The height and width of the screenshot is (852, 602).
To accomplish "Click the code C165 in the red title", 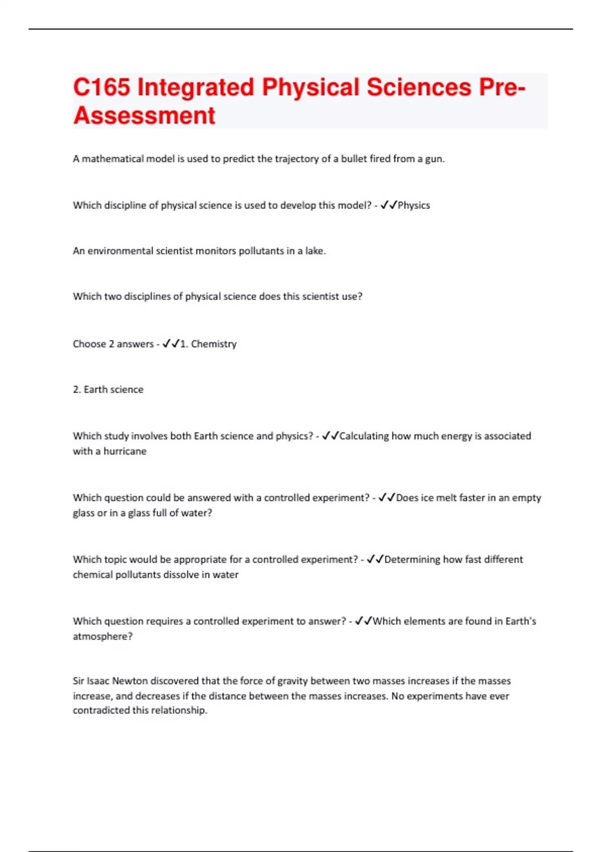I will [x=102, y=87].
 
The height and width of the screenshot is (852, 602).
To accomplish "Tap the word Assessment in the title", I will [x=144, y=116].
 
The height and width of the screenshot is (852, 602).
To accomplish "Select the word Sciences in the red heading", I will [x=419, y=87].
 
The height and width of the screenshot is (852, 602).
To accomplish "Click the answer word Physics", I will [x=414, y=205].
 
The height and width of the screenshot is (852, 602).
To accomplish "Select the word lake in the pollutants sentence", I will [x=315, y=251].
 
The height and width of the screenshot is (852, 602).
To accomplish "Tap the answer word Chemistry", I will [x=214, y=344].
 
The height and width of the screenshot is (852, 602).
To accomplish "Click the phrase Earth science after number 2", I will [x=113, y=390].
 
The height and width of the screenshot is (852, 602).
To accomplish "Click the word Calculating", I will [x=364, y=436].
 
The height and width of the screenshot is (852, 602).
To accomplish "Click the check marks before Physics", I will [x=389, y=205].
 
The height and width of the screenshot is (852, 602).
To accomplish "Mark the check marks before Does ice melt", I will [x=387, y=498].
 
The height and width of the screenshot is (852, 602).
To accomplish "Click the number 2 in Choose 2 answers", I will [x=111, y=344].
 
